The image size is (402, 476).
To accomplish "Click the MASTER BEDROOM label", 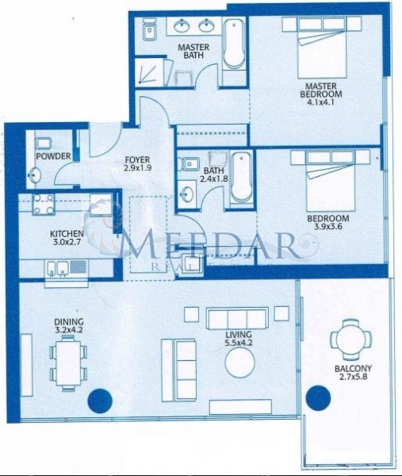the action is coord(321,90).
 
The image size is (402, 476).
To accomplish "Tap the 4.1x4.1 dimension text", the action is coord(320,102).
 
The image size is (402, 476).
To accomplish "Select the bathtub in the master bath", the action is coord(234,44).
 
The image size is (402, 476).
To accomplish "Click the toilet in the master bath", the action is coord(149,29).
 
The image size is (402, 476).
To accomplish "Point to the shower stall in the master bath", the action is coord(149,72).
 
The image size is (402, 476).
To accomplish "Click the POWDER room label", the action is coord(53,156).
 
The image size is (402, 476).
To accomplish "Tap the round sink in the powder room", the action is coord(34,175).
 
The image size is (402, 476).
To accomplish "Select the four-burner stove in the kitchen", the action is coord(44,205).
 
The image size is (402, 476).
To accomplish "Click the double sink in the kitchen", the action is coord(57,268).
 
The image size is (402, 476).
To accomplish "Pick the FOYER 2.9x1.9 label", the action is coord(137,163).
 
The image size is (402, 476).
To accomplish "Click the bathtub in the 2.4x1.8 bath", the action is coord(241,178).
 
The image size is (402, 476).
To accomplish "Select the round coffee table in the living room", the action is coord(239,363).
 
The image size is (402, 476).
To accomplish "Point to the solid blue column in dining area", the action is coord(100,401).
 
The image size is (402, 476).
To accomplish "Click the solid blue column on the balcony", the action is coord(318,398).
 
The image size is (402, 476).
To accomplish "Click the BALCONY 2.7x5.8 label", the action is coord(353,373).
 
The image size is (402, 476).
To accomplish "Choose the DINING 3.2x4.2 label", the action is coord(69,326).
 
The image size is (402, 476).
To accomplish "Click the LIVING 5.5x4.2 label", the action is coord(239,339).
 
